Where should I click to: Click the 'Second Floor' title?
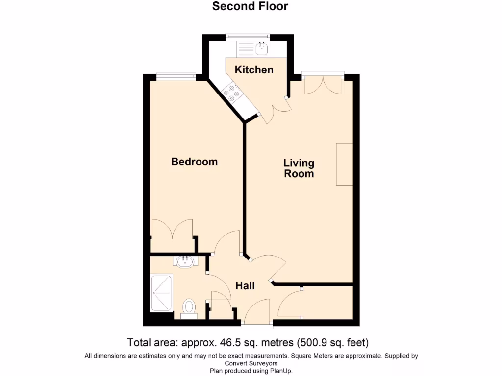pos(250,6)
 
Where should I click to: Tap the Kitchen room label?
pos(254,70)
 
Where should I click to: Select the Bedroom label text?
pos(194,162)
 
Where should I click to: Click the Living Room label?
pos(299,168)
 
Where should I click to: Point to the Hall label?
pos(245,285)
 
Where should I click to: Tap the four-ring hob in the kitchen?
pos(231,93)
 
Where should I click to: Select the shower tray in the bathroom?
pos(161,293)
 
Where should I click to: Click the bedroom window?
pos(176,76)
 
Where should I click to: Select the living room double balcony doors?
pos(323,83)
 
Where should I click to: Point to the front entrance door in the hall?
pos(257,313)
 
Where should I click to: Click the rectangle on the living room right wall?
pos(344,164)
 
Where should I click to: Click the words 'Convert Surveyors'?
pos(251,363)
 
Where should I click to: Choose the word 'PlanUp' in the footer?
pos(281,371)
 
